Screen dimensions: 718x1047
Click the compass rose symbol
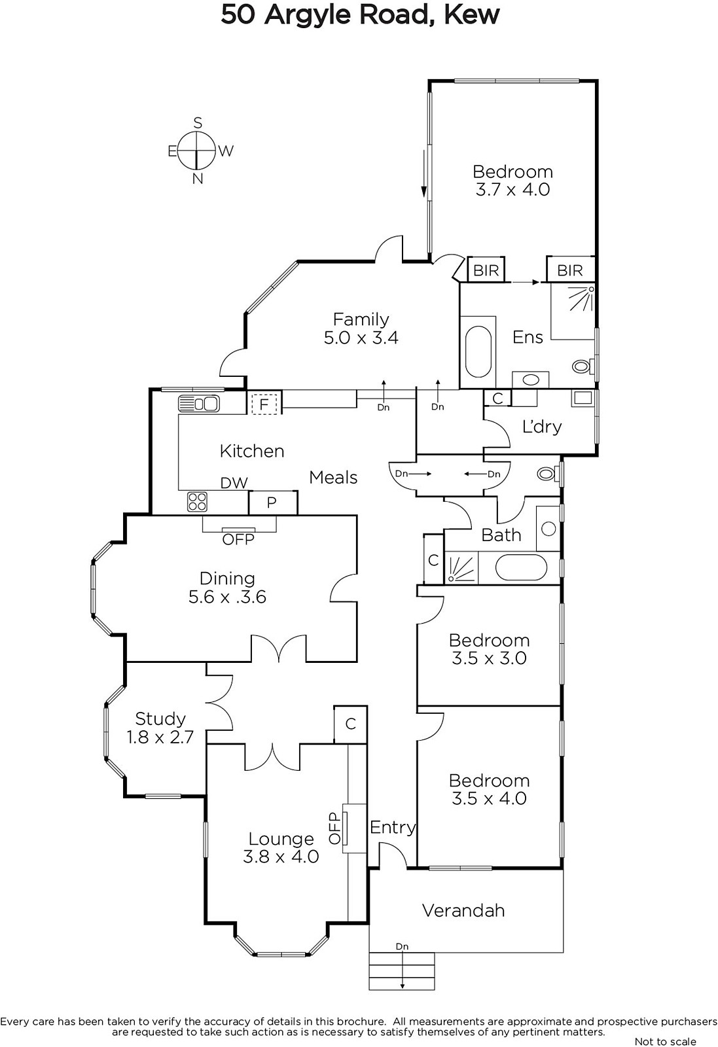click(x=197, y=151)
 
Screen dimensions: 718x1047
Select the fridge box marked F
click(x=264, y=404)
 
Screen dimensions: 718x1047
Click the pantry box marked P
click(x=272, y=503)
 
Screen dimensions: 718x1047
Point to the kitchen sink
click(x=199, y=403)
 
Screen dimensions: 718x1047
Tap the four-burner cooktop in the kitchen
click(x=197, y=502)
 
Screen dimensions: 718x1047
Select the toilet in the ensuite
click(x=583, y=366)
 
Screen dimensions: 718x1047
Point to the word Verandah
click(x=463, y=910)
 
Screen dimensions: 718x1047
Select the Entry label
click(x=393, y=828)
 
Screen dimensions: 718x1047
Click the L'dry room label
click(x=542, y=426)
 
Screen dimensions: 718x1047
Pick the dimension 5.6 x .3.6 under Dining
click(x=227, y=597)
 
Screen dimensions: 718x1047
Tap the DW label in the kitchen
click(x=234, y=483)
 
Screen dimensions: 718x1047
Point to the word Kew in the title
click(x=471, y=15)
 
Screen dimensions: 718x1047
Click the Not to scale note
click(x=666, y=1041)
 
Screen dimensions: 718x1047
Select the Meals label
click(x=333, y=477)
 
